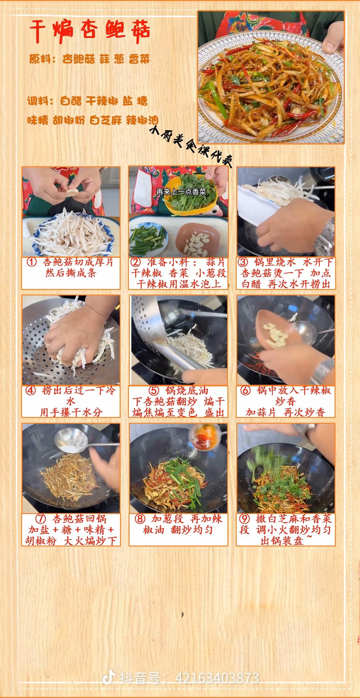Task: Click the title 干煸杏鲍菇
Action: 90,30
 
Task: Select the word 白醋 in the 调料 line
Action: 71,101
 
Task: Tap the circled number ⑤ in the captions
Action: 153,390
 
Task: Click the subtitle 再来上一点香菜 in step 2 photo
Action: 181,192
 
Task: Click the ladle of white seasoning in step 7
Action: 71,441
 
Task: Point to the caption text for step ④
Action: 71,401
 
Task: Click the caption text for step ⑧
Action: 178,524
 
